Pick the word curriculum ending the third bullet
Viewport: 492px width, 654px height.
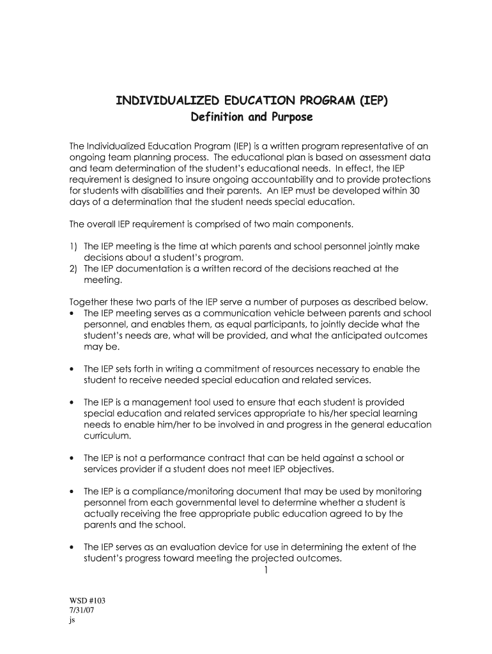[107, 436]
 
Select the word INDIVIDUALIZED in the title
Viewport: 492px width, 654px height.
[164, 101]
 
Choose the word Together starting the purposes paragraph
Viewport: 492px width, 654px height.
[89, 302]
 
